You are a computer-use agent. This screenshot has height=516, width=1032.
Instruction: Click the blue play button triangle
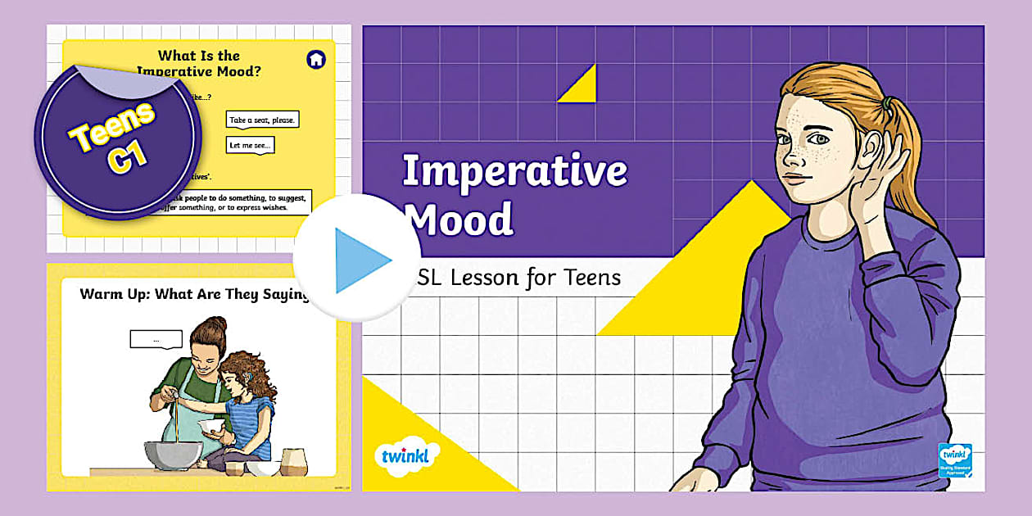pyautogui.click(x=361, y=260)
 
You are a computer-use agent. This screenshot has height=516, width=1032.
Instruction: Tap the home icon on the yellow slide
pyautogui.click(x=315, y=59)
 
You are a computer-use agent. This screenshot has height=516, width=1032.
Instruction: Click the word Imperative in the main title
pyautogui.click(x=514, y=171)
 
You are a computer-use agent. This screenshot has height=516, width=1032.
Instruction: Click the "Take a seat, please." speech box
pyautogui.click(x=262, y=120)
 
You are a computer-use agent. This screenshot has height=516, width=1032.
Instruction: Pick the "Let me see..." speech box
pyautogui.click(x=250, y=145)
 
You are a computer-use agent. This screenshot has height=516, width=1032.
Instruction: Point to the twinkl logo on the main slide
pyautogui.click(x=406, y=455)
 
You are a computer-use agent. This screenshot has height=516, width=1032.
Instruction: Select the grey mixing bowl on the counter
pyautogui.click(x=174, y=458)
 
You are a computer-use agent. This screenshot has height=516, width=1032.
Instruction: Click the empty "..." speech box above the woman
pyautogui.click(x=156, y=338)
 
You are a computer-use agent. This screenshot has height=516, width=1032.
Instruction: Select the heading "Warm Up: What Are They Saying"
pyautogui.click(x=192, y=294)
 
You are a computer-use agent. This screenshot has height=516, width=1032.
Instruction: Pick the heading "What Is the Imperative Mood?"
pyautogui.click(x=199, y=63)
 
